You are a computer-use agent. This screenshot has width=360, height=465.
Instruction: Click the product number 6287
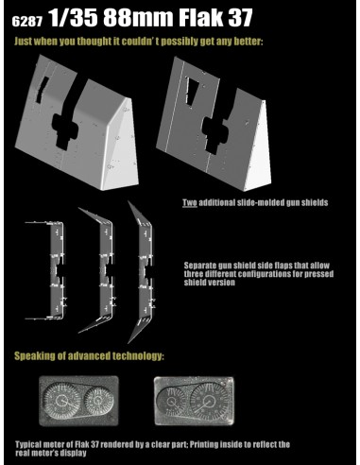tap(27, 22)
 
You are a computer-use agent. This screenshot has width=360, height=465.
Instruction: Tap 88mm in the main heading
tap(138, 18)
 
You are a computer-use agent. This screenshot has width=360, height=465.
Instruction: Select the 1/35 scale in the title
tap(74, 18)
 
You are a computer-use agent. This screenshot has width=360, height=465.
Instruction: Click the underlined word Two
tap(190, 202)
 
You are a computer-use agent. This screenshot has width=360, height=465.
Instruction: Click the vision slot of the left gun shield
tap(42, 90)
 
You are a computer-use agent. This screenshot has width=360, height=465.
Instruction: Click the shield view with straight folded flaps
tap(44, 270)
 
